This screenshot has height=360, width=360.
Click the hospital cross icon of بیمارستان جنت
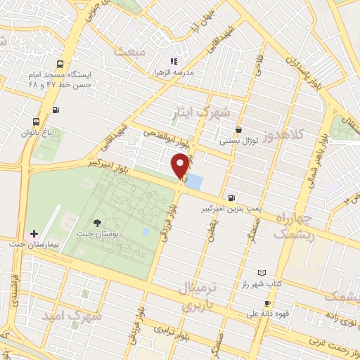coord(34,233)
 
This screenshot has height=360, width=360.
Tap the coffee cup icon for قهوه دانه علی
coord(266,304)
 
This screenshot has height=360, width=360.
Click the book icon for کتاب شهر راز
coord(262,272)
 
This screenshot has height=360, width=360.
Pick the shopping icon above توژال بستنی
coord(239,129)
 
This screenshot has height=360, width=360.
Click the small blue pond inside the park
coord(145,231)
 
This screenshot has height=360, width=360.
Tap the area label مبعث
coord(132,52)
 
